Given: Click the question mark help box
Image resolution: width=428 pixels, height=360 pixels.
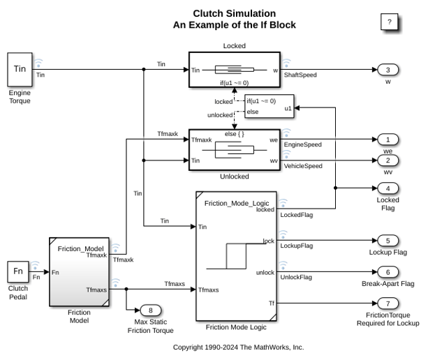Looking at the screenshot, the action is pos(389,22).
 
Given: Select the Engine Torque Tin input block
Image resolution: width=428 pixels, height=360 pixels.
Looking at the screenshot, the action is pos(20,69).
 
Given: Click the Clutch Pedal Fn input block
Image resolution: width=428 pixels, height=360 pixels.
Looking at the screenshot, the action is pos(18,271).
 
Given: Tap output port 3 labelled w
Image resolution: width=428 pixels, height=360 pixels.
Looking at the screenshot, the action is pos(388,70).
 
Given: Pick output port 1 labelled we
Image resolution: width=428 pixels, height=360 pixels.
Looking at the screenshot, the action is pos(388,140).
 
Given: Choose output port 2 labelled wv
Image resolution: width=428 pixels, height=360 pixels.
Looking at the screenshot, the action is pos(388,160).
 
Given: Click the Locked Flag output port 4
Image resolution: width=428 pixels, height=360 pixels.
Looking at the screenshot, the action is pos(388,188).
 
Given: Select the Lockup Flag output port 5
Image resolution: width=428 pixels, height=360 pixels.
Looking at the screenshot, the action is pos(388,241).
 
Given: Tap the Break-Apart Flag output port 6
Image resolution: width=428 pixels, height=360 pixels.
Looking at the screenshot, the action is pos(388,272).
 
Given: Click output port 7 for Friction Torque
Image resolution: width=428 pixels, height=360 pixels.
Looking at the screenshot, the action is pos(388,303).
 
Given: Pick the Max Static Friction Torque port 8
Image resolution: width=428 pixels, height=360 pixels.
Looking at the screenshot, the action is pos(150,310).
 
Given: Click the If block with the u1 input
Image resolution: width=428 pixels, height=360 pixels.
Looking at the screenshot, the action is pos(269,106).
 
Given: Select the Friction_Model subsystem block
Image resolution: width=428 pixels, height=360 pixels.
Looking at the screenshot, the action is pos(79,272).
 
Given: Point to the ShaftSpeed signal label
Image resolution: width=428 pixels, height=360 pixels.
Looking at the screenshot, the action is pos(300,75).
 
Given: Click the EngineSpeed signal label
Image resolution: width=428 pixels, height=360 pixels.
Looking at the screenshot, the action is pos(303,144).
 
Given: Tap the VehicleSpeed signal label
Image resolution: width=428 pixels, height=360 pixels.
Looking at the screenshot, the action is pos(303,166).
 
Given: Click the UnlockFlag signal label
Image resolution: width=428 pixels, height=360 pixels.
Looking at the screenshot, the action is pos(296,277).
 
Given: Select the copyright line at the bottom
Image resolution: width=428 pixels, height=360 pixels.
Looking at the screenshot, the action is pos(238,347).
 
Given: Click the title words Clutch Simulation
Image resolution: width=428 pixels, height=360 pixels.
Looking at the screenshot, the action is pos(234,13).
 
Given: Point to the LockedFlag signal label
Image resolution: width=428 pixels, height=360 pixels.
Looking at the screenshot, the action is pos(297,215).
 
